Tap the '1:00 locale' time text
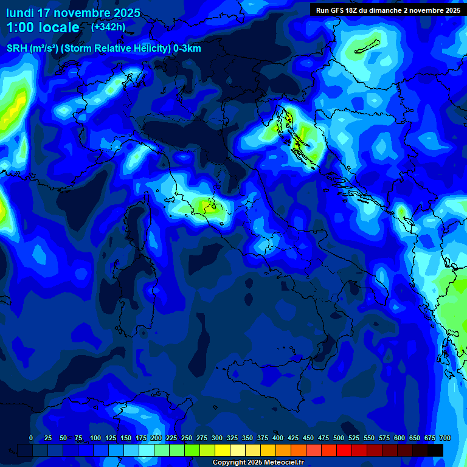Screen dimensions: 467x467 click(x=43, y=27)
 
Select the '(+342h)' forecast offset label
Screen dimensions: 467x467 click(x=108, y=27)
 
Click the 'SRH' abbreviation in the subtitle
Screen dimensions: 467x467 click(x=17, y=49)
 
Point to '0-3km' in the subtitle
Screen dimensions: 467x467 click(x=187, y=49)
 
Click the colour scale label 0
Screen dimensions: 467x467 click(x=31, y=438)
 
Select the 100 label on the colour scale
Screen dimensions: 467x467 click(x=95, y=438)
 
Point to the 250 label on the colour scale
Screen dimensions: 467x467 click(x=186, y=438)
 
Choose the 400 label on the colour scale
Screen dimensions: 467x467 click(x=277, y=438)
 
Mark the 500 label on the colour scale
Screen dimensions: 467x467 click(x=338, y=438)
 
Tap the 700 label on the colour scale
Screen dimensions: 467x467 click(x=445, y=438)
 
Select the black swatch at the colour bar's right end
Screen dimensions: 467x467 click(x=435, y=450)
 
